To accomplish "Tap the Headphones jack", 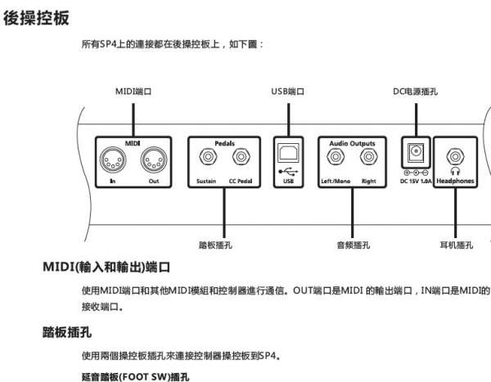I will coord(455,156).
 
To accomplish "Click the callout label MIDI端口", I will coord(132,92).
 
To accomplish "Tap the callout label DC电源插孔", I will coord(415,92).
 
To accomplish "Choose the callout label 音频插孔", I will coord(353,244).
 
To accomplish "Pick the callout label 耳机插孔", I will coord(456,244).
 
